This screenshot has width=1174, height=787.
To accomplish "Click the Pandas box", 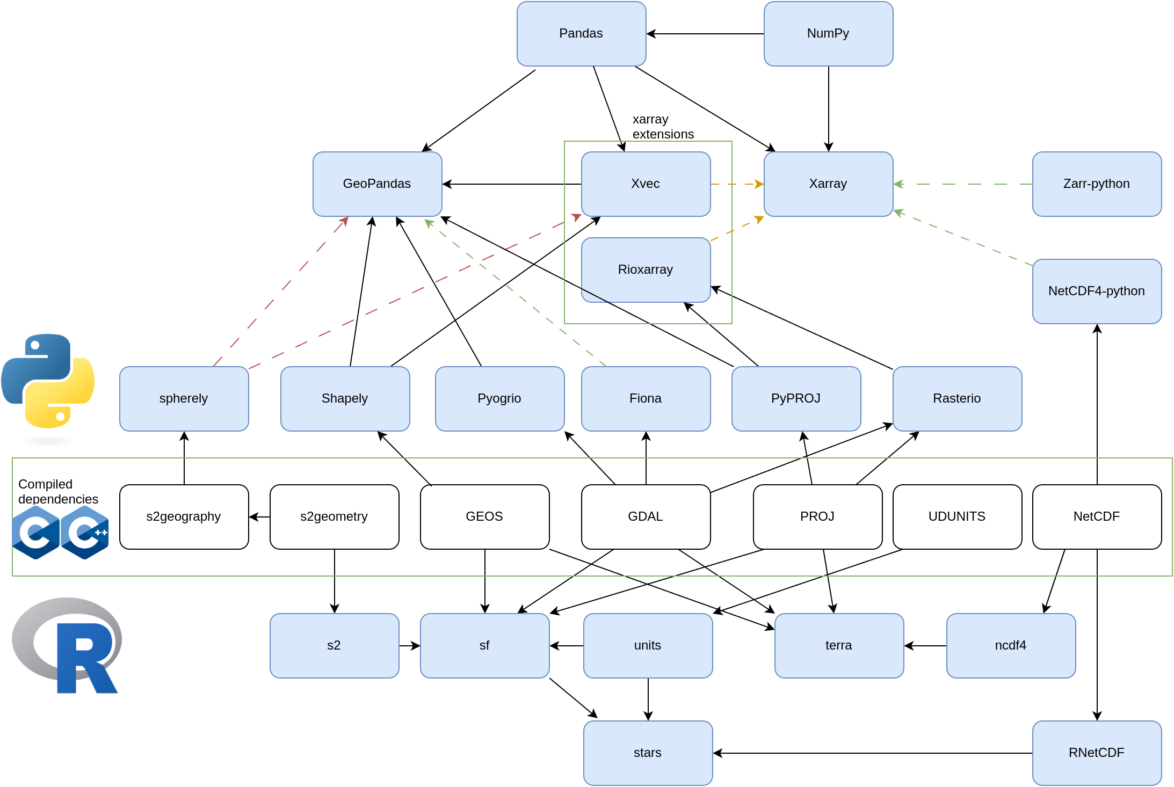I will [581, 34].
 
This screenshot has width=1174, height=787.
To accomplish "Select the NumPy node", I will [828, 34].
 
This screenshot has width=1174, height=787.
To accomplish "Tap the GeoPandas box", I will [377, 184].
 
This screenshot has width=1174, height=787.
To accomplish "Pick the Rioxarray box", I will [646, 270].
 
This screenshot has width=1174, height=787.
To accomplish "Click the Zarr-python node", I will [1097, 184].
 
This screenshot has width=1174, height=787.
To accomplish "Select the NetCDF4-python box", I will [1097, 292].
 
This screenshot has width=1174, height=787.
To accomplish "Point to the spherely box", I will [184, 399].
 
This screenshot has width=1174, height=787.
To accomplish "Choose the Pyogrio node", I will [499, 399].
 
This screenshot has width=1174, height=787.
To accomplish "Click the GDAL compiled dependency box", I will [646, 517].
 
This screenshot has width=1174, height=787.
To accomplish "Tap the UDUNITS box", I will [957, 517].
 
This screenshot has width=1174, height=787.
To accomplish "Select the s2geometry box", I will [334, 517].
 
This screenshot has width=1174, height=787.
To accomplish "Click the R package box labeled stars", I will [648, 753].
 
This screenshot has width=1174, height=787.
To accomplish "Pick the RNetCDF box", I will [1097, 753].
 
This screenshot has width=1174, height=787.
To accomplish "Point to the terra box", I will [839, 646].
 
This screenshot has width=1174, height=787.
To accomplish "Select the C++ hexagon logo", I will [85, 532].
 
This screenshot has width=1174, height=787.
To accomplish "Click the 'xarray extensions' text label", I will [663, 127].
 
